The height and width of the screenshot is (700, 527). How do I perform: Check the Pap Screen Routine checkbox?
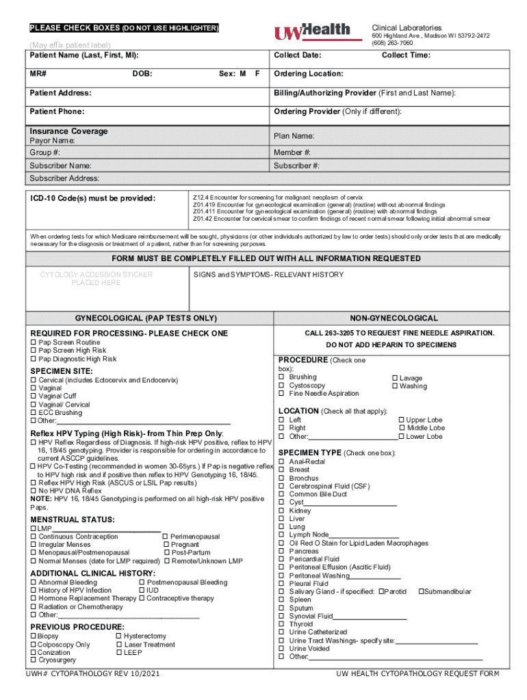coord(33,342)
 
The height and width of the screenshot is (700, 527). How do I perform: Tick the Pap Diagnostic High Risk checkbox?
coord(33,359)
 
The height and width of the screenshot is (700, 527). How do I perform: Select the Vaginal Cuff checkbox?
coord(33,396)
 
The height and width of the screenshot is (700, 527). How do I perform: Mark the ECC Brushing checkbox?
coord(33,413)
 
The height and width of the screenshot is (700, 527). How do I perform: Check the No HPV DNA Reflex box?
coord(33,490)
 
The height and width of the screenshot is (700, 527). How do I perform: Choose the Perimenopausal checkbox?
coord(165,537)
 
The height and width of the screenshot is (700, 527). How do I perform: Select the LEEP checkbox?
coord(119,652)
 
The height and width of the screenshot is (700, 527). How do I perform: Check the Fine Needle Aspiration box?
coord(281,393)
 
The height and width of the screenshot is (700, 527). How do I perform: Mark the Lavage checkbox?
coord(394,378)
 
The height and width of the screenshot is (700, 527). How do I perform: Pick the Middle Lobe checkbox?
coord(401,428)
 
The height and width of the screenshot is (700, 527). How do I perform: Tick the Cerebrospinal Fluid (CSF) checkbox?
coord(281,486)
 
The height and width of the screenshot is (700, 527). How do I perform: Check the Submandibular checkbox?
coord(420,591)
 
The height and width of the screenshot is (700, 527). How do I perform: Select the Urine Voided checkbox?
coord(281,648)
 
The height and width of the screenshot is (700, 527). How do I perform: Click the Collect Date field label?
coord(298,55)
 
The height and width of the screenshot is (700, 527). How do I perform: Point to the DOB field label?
coord(142,73)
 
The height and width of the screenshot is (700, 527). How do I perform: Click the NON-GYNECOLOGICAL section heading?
coord(394,319)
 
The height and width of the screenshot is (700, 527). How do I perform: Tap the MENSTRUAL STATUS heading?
coord(63,520)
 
